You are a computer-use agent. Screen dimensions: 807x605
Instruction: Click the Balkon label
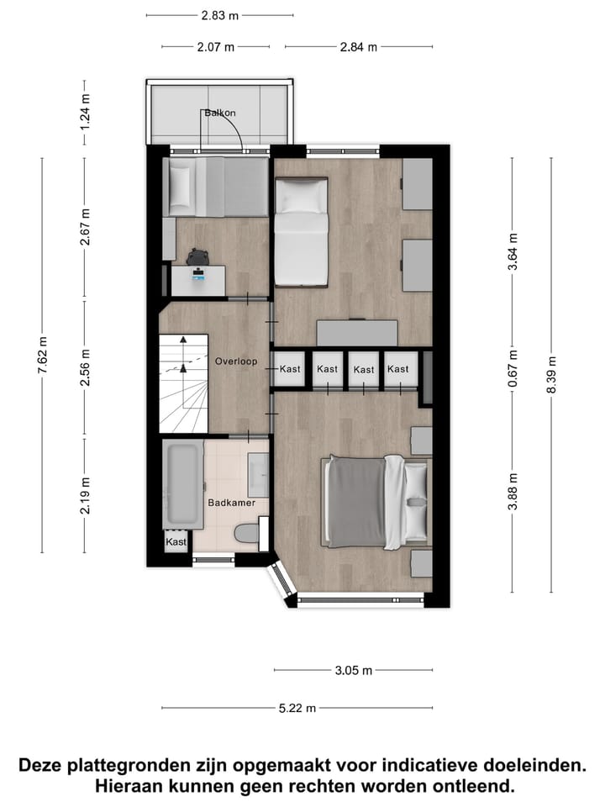(218, 113)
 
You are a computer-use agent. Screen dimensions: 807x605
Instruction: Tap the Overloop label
(235, 362)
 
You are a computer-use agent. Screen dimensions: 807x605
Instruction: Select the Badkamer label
(231, 503)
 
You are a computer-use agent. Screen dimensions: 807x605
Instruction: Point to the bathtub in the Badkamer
(182, 485)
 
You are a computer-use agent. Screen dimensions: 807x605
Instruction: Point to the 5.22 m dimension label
(297, 709)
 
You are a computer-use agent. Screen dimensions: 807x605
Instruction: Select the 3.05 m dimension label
(353, 671)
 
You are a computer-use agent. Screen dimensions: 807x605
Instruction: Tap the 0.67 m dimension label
(513, 368)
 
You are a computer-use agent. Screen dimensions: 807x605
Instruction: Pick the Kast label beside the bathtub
(176, 542)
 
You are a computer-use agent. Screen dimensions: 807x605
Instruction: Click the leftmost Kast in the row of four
(291, 369)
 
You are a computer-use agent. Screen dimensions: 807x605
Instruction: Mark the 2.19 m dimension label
(85, 495)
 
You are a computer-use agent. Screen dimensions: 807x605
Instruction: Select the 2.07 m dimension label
(216, 47)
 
